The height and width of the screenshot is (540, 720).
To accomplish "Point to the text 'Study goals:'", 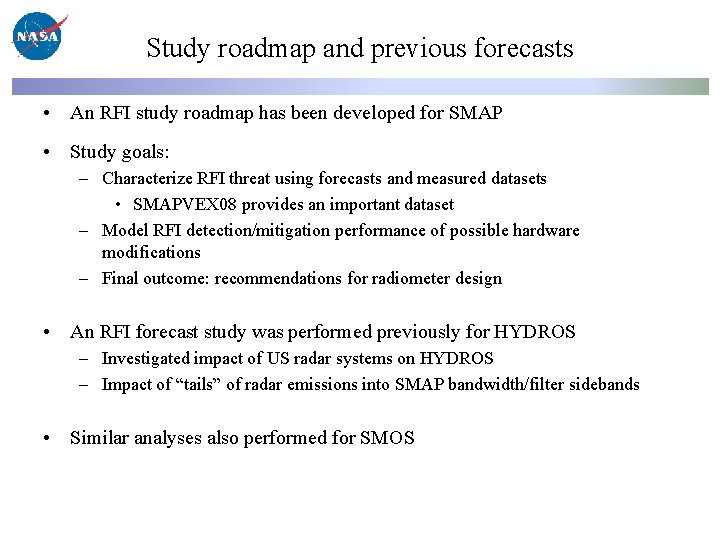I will click(x=120, y=152).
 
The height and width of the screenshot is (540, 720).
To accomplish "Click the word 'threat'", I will click(x=252, y=179).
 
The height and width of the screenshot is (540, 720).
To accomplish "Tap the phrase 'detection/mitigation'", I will click(x=255, y=231).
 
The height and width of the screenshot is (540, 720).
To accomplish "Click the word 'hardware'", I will click(x=546, y=231).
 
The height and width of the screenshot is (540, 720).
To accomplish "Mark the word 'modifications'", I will click(x=151, y=253).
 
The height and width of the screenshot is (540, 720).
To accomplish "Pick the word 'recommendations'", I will click(x=278, y=279).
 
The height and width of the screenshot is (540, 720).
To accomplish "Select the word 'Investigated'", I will click(x=148, y=359).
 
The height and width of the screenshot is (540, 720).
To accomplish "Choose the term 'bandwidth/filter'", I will click(x=505, y=385).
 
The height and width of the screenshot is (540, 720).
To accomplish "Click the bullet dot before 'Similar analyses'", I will click(x=47, y=438).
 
